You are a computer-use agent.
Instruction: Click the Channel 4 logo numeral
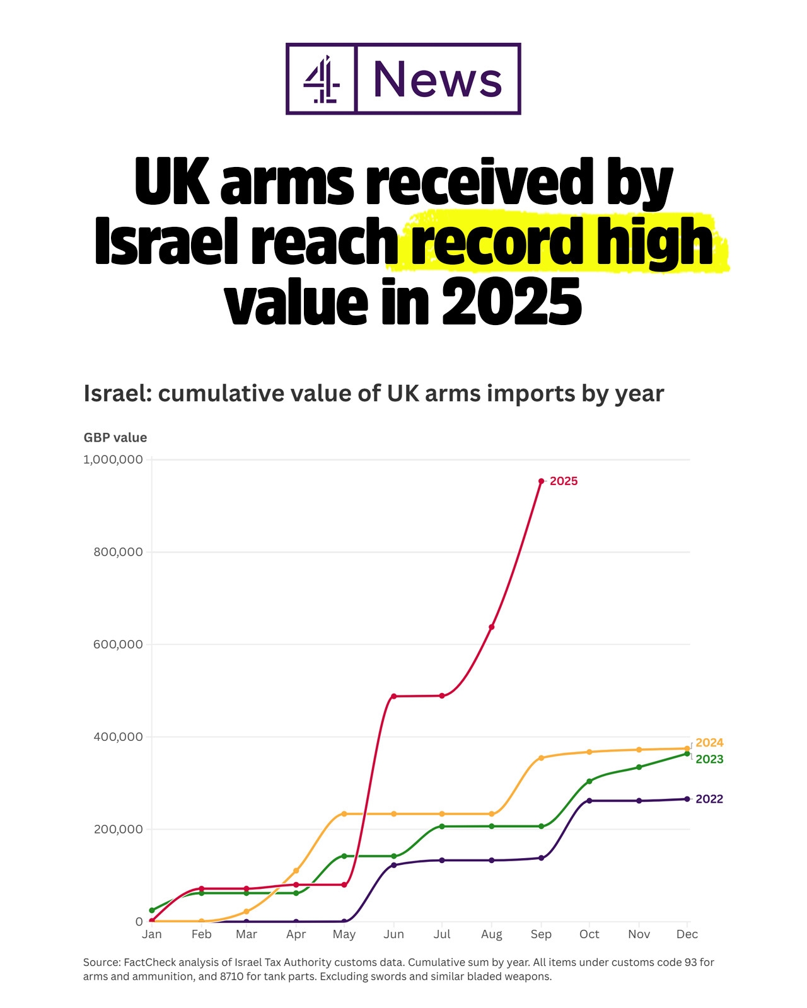click(322, 79)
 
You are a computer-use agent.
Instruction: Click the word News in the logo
click(438, 79)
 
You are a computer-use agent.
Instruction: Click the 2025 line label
click(564, 481)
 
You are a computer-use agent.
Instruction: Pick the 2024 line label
click(709, 743)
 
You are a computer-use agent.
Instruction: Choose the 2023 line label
click(709, 760)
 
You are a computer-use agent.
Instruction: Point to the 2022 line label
click(709, 799)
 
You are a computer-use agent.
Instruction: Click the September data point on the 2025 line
click(541, 481)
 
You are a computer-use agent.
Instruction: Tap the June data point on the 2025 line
click(393, 696)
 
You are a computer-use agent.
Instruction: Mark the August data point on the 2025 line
click(492, 627)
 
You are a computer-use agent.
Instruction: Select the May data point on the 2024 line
click(344, 814)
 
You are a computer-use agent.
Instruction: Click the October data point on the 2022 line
click(589, 801)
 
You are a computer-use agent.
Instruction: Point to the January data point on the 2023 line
click(152, 910)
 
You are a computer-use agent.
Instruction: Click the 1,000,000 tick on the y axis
click(113, 460)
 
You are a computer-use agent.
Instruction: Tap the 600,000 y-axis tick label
click(119, 644)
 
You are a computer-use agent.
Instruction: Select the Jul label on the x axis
click(442, 934)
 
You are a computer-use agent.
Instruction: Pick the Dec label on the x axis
click(687, 934)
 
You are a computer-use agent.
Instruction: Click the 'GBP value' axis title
click(115, 438)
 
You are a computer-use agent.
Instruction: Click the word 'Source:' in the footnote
click(102, 963)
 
